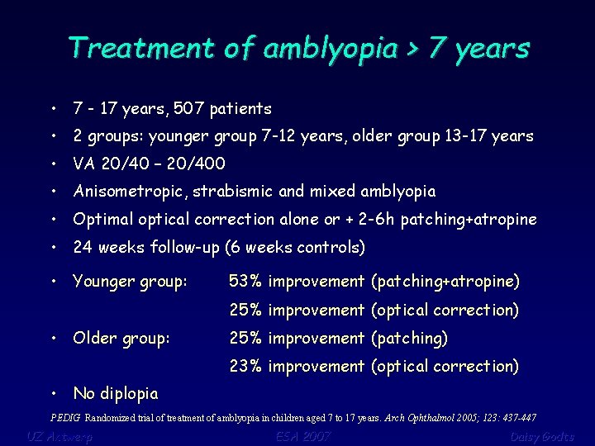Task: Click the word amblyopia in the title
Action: [x=330, y=49]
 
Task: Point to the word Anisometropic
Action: [x=131, y=192]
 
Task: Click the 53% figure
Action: [x=245, y=282]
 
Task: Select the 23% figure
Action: [x=245, y=366]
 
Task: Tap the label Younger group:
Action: [x=131, y=282]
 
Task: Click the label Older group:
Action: [x=121, y=338]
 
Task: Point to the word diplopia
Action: [x=127, y=393]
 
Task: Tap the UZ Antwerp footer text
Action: [x=59, y=436]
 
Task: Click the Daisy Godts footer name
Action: [x=542, y=436]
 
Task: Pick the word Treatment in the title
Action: [x=142, y=48]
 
